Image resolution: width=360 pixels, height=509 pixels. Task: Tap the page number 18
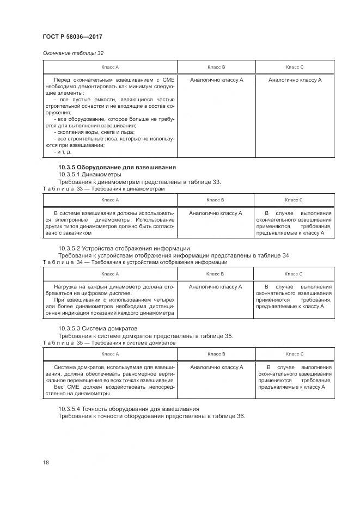pyautogui.click(x=46, y=462)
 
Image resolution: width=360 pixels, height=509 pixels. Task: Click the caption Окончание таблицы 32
pyautogui.click(x=73, y=53)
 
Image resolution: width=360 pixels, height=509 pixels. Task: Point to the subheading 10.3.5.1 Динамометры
pyautogui.click(x=90, y=174)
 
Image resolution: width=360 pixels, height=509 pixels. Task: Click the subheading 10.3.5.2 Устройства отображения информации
pyautogui.click(x=124, y=248)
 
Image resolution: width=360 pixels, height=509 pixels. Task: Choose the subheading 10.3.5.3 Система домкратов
pyautogui.click(x=98, y=328)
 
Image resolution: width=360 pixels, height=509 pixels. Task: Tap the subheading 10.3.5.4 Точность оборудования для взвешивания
pyautogui.click(x=129, y=408)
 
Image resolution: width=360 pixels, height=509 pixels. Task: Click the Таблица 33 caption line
pyautogui.click(x=103, y=188)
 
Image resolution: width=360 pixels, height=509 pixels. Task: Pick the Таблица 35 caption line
pyautogui.click(x=109, y=343)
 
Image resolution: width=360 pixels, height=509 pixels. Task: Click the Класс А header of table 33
pyautogui.click(x=109, y=200)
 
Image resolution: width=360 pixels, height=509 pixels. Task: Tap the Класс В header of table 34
pyautogui.click(x=216, y=273)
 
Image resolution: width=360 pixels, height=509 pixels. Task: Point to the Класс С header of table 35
pyautogui.click(x=294, y=354)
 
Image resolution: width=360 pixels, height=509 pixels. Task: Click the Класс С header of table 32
pyautogui.click(x=294, y=67)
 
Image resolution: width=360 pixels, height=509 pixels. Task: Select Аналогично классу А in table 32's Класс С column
pyautogui.click(x=295, y=79)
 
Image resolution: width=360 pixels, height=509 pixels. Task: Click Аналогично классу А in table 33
pyautogui.click(x=216, y=213)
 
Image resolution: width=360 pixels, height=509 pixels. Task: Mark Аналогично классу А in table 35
pyautogui.click(x=216, y=367)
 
